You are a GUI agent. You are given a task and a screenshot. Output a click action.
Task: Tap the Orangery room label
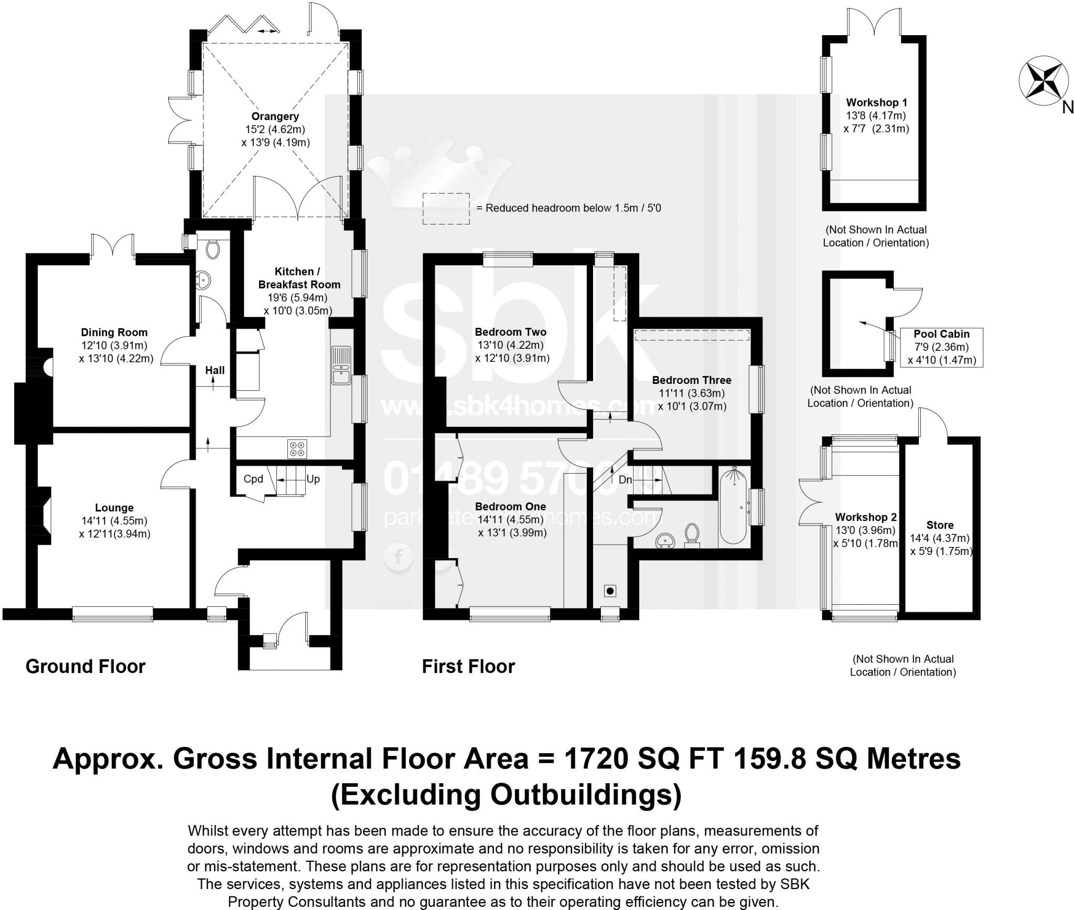pyautogui.click(x=275, y=116)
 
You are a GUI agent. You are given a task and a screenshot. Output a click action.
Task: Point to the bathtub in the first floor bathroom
pyautogui.click(x=733, y=507)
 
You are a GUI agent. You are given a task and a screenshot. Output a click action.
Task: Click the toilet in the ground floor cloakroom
pyautogui.click(x=212, y=249)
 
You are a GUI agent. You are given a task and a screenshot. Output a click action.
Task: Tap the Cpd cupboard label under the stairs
pyautogui.click(x=253, y=479)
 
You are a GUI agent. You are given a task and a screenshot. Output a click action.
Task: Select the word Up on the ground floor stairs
pyautogui.click(x=313, y=479)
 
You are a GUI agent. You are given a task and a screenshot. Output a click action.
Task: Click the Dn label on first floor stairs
pyautogui.click(x=625, y=479)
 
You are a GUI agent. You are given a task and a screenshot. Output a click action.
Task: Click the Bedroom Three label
pyautogui.click(x=691, y=380)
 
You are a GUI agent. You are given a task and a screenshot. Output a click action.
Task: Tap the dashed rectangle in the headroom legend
pyautogui.click(x=446, y=209)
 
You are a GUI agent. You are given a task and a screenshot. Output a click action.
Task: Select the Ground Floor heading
pyautogui.click(x=85, y=667)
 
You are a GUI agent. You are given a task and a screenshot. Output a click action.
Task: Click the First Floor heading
pyautogui.click(x=468, y=667)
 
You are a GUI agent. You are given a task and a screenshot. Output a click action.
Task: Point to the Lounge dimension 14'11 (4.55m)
pyautogui.click(x=114, y=521)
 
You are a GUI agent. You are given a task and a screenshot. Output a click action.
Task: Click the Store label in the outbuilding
pyautogui.click(x=940, y=525)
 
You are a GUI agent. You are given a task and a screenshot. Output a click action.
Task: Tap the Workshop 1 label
pyautogui.click(x=876, y=103)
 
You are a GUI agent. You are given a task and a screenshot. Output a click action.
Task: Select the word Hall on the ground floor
pyautogui.click(x=214, y=370)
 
